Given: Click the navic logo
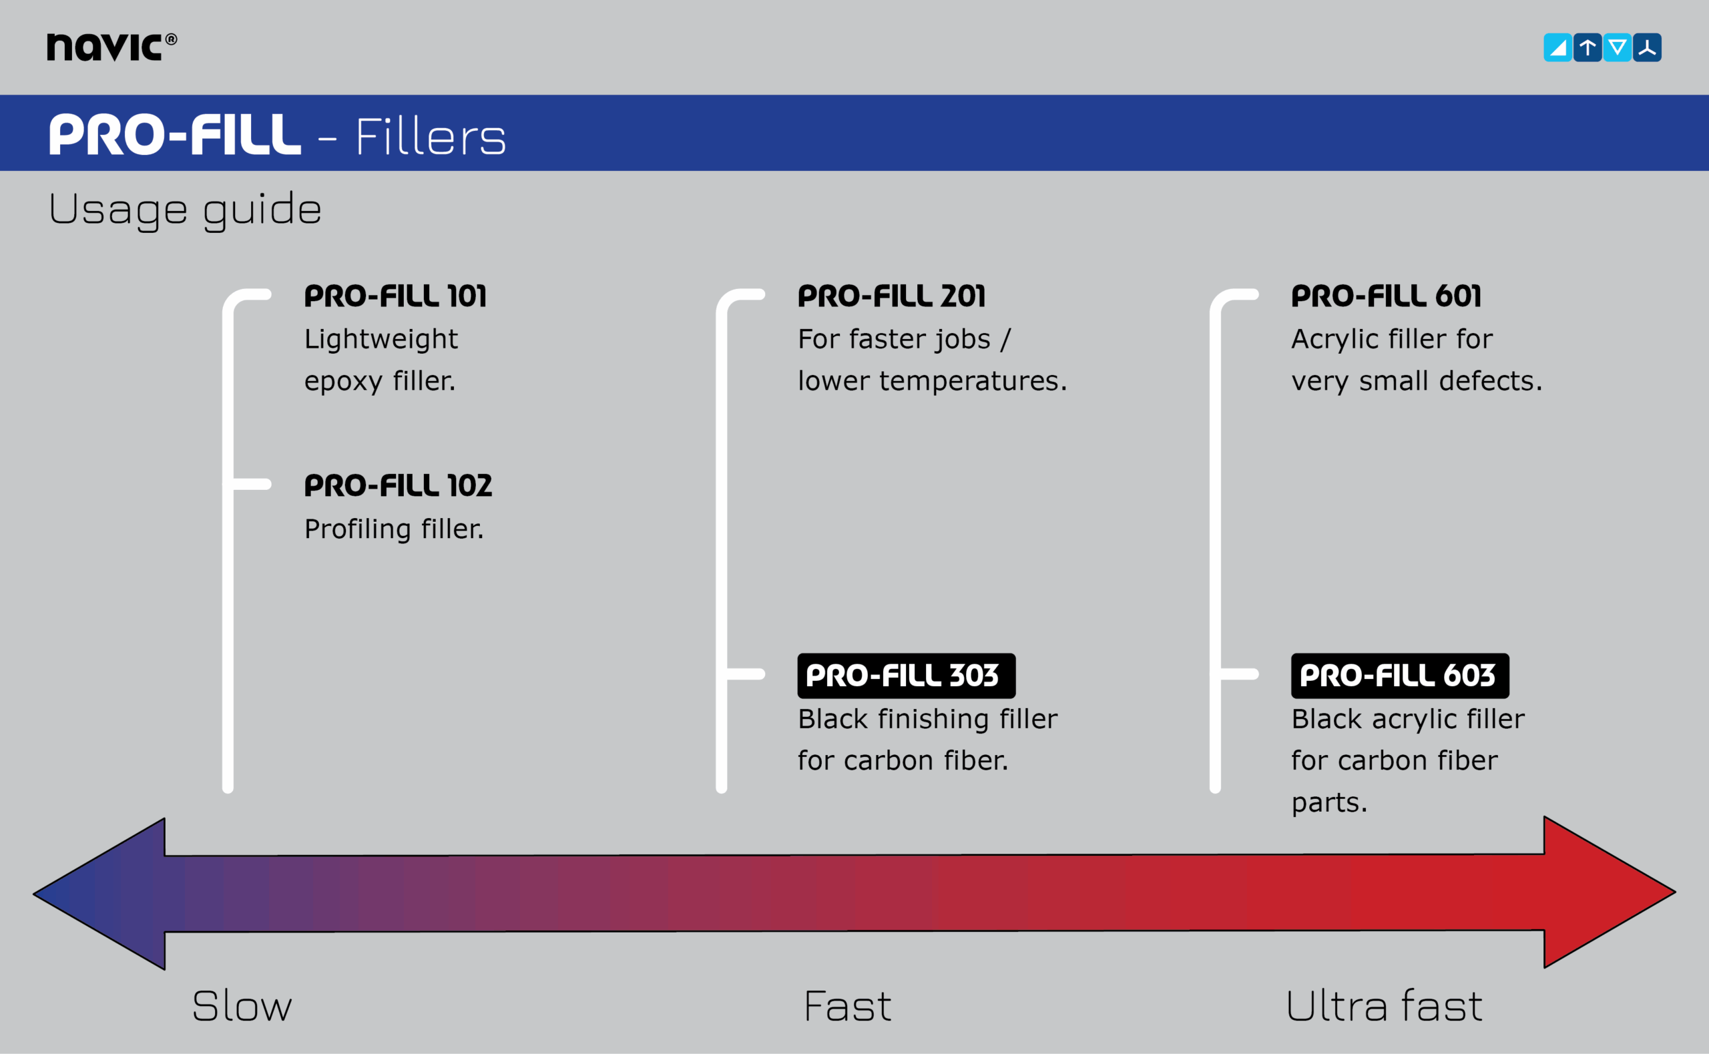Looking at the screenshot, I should point(111,47).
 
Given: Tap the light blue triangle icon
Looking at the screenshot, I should point(1557,47).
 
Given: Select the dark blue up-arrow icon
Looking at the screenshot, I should point(1587,47).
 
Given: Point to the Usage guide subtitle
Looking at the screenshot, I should point(185,208).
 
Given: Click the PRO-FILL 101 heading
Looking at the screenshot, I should point(395,296).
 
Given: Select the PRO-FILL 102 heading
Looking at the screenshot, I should point(398,486).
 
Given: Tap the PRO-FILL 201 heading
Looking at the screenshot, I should point(891,296).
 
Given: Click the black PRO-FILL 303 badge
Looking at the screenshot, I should point(905,676).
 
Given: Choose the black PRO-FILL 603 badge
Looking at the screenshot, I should point(1399,676).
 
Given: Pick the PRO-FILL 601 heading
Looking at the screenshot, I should point(1386,296).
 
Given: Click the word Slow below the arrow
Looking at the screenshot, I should point(242,1006).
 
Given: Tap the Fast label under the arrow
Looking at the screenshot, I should point(847,1006).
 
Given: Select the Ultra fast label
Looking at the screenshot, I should point(1384,1006).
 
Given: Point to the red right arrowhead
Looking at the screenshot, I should point(1603,892).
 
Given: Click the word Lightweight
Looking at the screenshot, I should point(381,340).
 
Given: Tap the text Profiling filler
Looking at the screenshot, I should point(394,529).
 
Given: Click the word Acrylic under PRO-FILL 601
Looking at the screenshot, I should point(1334,340).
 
